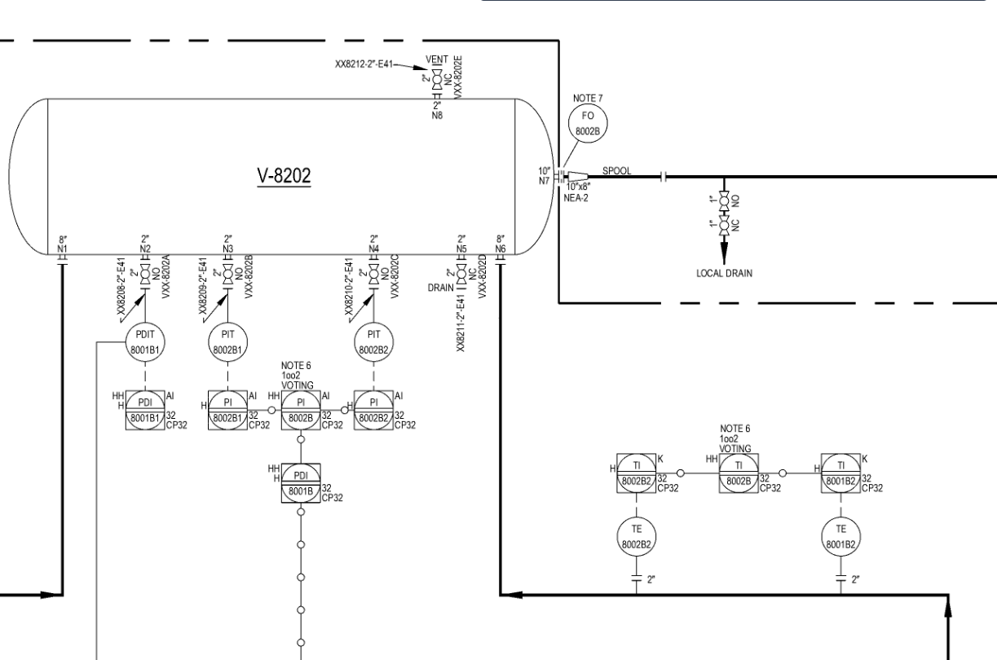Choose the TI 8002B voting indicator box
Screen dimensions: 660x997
click(x=739, y=473)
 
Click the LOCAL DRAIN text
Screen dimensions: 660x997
click(x=724, y=273)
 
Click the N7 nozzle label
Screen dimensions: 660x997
click(x=544, y=179)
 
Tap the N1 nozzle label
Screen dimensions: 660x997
click(x=62, y=248)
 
